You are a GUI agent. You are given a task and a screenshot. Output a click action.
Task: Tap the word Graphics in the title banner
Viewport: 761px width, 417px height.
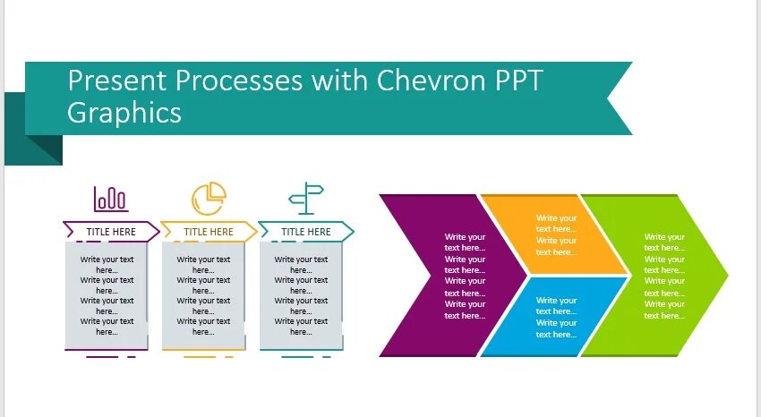coord(124,113)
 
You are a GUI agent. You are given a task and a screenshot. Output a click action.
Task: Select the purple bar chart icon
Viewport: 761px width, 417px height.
coord(110,199)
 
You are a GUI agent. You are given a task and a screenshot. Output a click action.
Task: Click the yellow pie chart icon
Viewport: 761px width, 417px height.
coord(209,199)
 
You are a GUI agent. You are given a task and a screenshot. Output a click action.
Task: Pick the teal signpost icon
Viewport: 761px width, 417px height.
coord(306,199)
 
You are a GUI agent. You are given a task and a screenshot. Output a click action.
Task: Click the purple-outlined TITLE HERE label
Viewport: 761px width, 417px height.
coord(111,232)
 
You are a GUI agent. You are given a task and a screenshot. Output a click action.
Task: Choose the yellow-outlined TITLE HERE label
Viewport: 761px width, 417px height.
coord(209,232)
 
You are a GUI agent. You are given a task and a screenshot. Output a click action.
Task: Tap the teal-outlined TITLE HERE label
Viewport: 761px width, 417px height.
coord(306,232)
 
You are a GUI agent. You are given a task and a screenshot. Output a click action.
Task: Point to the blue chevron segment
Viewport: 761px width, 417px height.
coord(555,317)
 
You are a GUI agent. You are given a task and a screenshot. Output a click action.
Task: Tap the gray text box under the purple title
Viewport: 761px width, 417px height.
coord(107,296)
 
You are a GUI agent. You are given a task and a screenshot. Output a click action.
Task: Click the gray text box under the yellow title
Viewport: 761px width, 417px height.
coord(203,296)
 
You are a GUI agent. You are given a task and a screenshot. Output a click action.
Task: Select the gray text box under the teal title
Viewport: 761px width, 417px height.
coord(301,296)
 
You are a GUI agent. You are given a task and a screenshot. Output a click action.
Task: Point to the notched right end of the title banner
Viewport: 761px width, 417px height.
coord(618,98)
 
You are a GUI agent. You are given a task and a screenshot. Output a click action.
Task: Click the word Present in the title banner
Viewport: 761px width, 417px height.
coord(117,81)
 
